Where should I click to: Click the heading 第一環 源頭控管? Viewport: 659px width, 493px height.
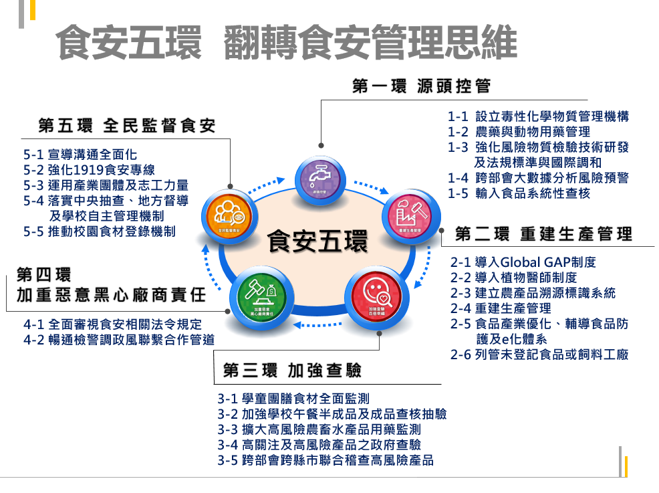tap(421, 86)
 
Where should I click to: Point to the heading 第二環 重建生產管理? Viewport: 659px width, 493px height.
tap(543, 234)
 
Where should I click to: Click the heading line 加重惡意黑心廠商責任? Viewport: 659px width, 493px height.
tap(111, 295)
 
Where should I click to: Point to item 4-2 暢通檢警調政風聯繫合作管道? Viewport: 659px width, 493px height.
tap(119, 339)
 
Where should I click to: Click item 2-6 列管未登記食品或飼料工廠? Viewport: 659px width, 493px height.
tap(539, 355)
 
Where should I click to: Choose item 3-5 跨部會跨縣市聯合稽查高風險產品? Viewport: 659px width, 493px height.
tap(325, 460)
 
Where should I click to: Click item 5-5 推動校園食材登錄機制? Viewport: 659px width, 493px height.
tap(100, 231)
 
